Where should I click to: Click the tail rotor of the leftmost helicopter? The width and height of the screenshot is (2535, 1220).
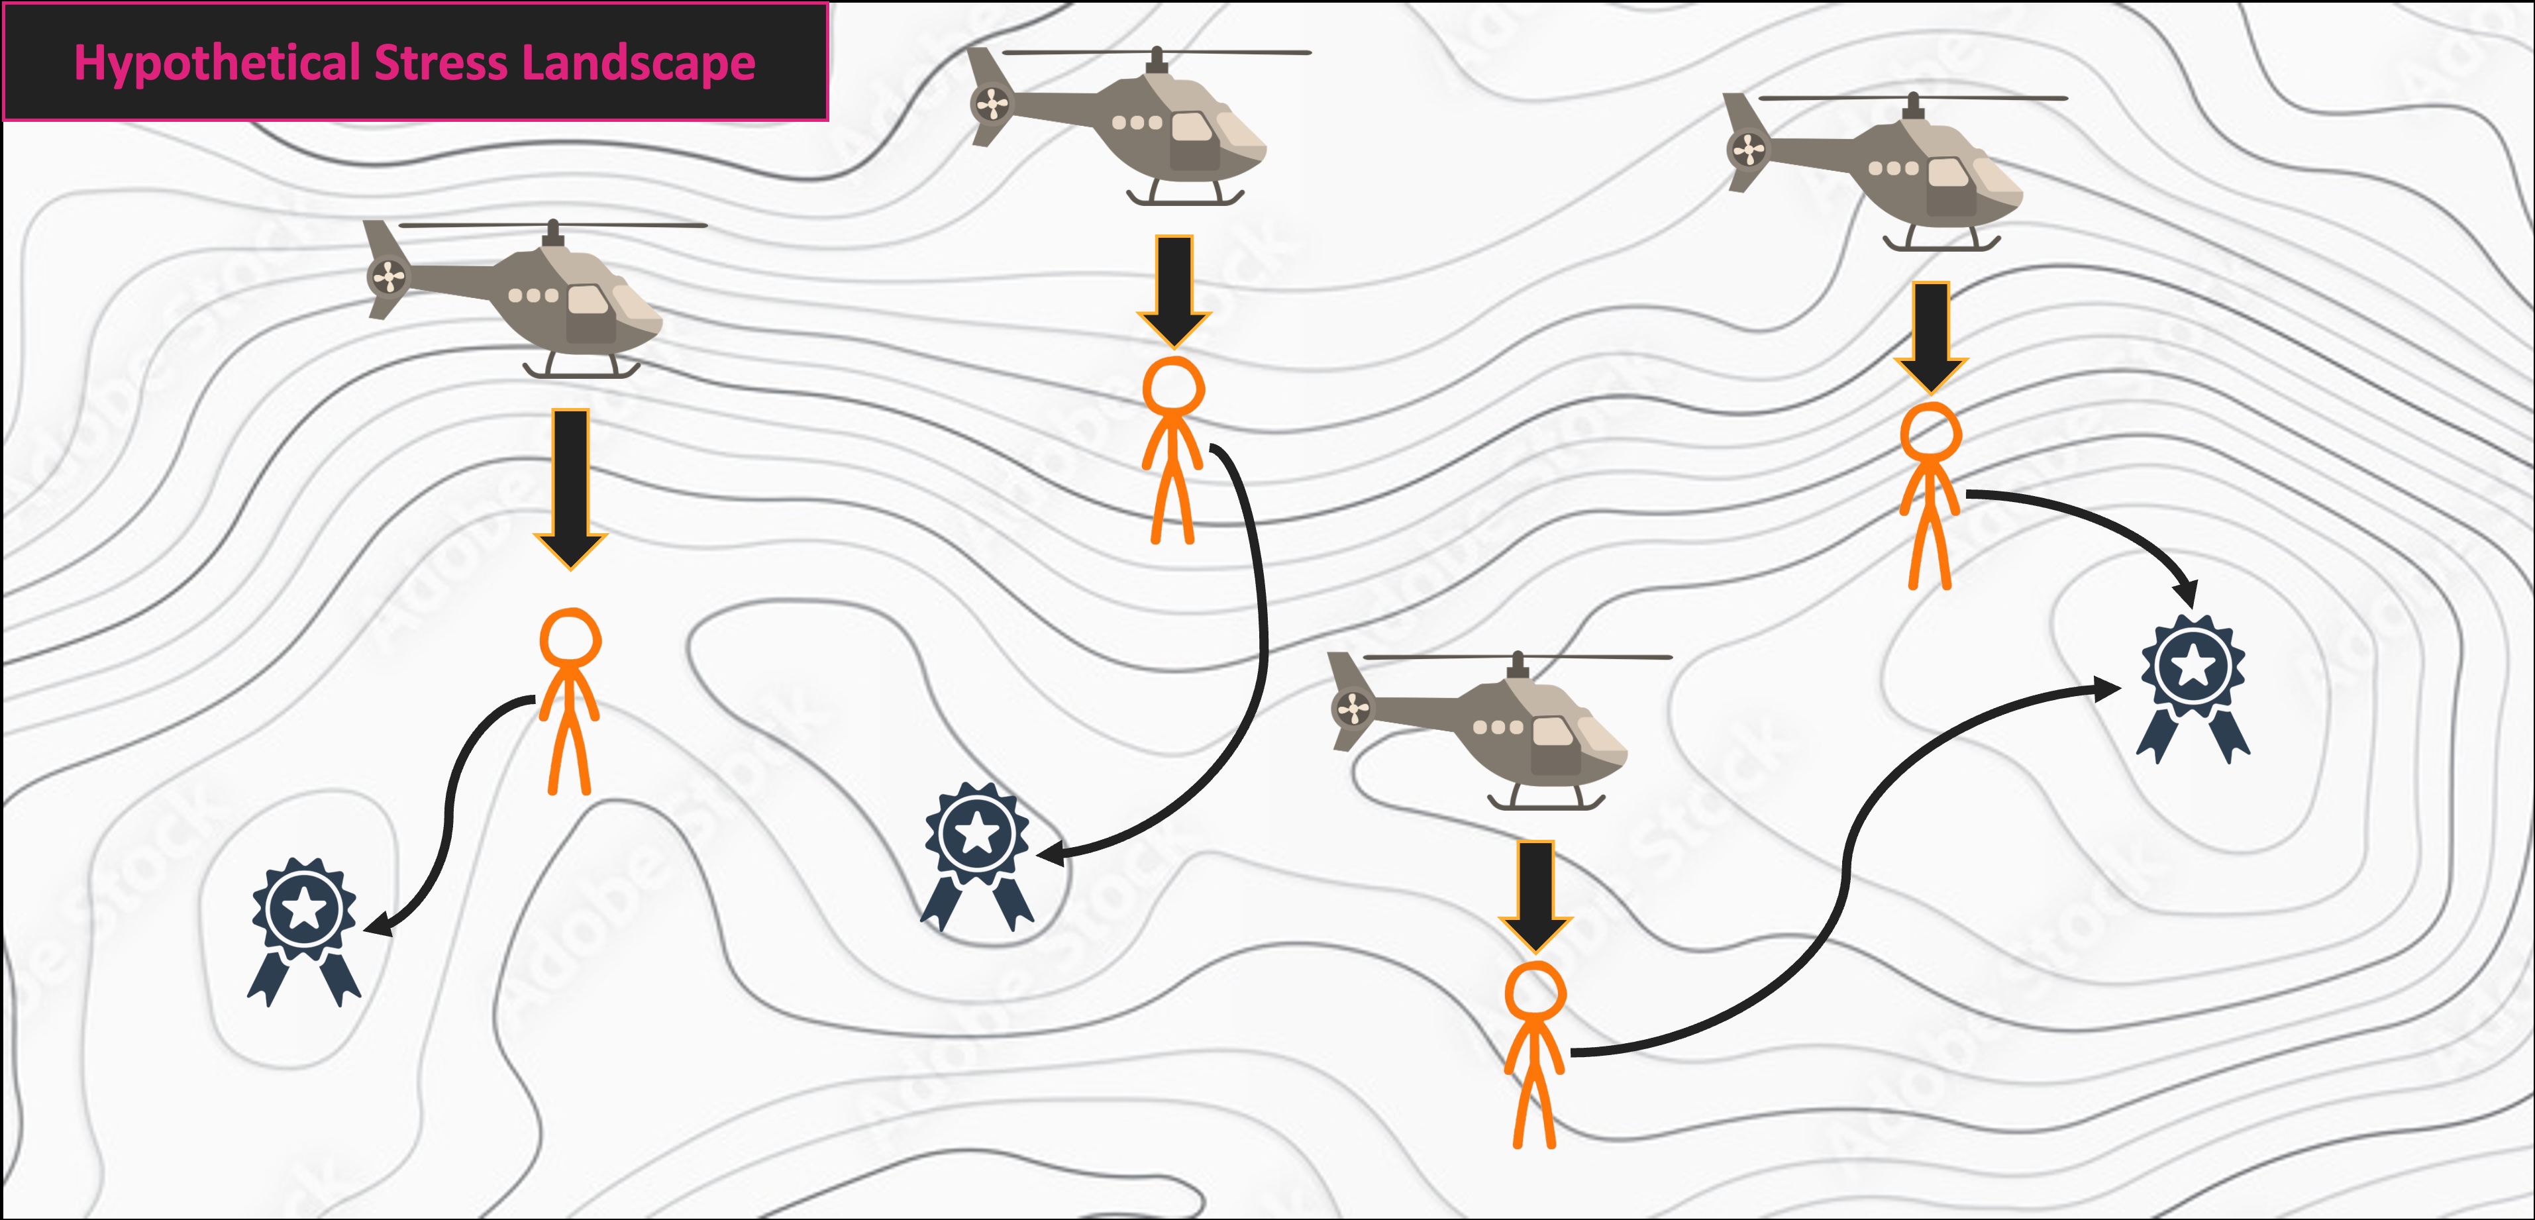[388, 276]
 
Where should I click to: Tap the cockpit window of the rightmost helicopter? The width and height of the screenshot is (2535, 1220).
[1949, 172]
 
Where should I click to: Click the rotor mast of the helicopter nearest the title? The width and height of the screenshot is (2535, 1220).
[553, 233]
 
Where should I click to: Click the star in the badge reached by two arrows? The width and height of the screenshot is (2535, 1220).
[2193, 667]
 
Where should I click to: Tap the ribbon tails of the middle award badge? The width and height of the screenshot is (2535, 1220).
[977, 900]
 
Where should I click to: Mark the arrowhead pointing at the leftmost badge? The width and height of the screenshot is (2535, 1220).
[378, 927]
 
